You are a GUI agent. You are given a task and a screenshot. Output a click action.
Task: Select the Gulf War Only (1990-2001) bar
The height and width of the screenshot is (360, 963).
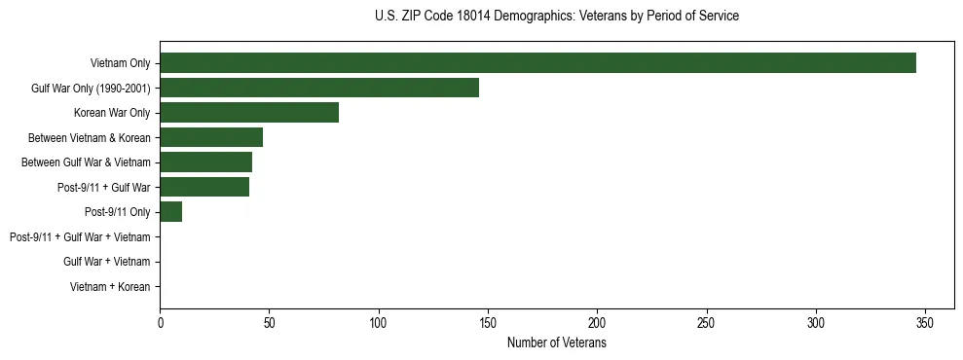tap(319, 88)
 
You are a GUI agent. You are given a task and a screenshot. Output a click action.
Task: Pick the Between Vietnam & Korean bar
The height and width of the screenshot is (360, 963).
tap(211, 137)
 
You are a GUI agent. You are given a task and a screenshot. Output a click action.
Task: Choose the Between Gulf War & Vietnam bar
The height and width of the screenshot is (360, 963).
tap(205, 162)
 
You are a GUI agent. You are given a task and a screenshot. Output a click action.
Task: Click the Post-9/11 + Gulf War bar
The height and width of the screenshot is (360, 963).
tap(204, 187)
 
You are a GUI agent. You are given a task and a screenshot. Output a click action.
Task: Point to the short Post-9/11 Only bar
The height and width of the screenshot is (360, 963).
tap(171, 212)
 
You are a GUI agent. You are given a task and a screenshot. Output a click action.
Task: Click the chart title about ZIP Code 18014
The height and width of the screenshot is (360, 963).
tap(556, 17)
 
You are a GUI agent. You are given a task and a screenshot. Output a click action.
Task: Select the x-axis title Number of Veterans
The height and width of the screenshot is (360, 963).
tap(556, 343)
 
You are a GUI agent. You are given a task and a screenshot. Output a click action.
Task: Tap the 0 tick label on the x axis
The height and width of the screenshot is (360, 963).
tap(161, 324)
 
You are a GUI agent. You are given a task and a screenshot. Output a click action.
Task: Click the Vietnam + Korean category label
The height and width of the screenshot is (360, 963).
tap(110, 287)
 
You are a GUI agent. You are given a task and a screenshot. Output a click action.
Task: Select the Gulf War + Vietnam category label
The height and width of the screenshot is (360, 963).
tap(106, 262)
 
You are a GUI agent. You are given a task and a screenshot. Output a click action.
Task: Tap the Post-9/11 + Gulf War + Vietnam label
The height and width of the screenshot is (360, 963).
tap(80, 237)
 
